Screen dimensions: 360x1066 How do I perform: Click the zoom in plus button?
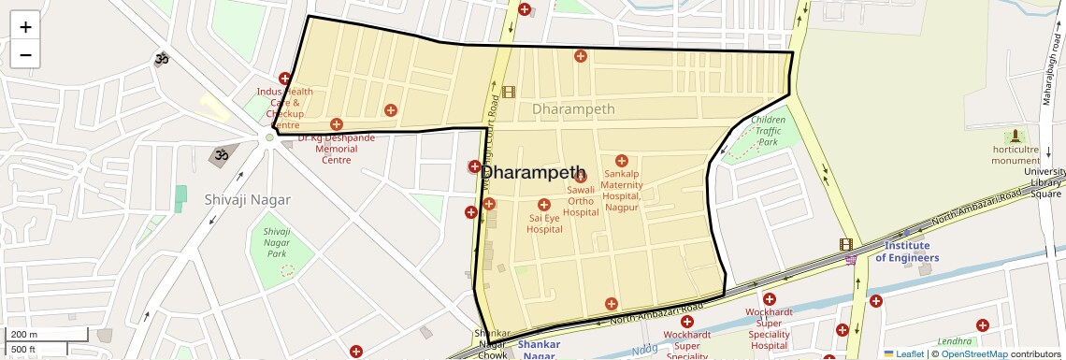tap(25, 27)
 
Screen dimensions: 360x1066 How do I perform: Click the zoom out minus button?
tap(25, 54)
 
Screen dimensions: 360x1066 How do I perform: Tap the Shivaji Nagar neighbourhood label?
tap(247, 199)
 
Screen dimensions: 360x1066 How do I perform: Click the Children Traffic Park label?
tap(768, 131)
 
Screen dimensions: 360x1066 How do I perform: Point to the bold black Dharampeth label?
tap(533, 174)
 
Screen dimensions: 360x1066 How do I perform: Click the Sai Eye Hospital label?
tap(544, 223)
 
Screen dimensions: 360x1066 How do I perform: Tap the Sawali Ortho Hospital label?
tap(581, 201)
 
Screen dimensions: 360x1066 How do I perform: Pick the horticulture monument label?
tap(1016, 154)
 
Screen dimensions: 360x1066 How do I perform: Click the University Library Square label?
tap(1044, 182)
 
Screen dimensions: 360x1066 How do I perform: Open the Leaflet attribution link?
tap(902, 353)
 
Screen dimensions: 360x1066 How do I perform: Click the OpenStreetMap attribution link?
tap(973, 353)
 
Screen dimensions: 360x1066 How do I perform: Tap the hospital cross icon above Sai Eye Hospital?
tap(544, 205)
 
